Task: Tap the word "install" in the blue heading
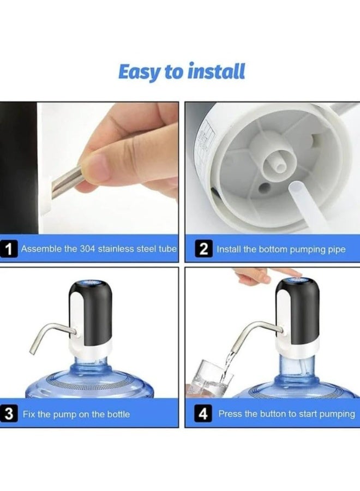[x=216, y=71]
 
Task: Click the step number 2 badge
[x=204, y=249]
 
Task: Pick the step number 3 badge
[x=9, y=414]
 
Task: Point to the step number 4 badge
[x=203, y=414]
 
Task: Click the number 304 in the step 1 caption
[x=87, y=249]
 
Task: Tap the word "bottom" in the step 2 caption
[x=272, y=249]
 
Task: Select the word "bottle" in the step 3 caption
[x=118, y=414]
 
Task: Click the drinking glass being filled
[x=211, y=378]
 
